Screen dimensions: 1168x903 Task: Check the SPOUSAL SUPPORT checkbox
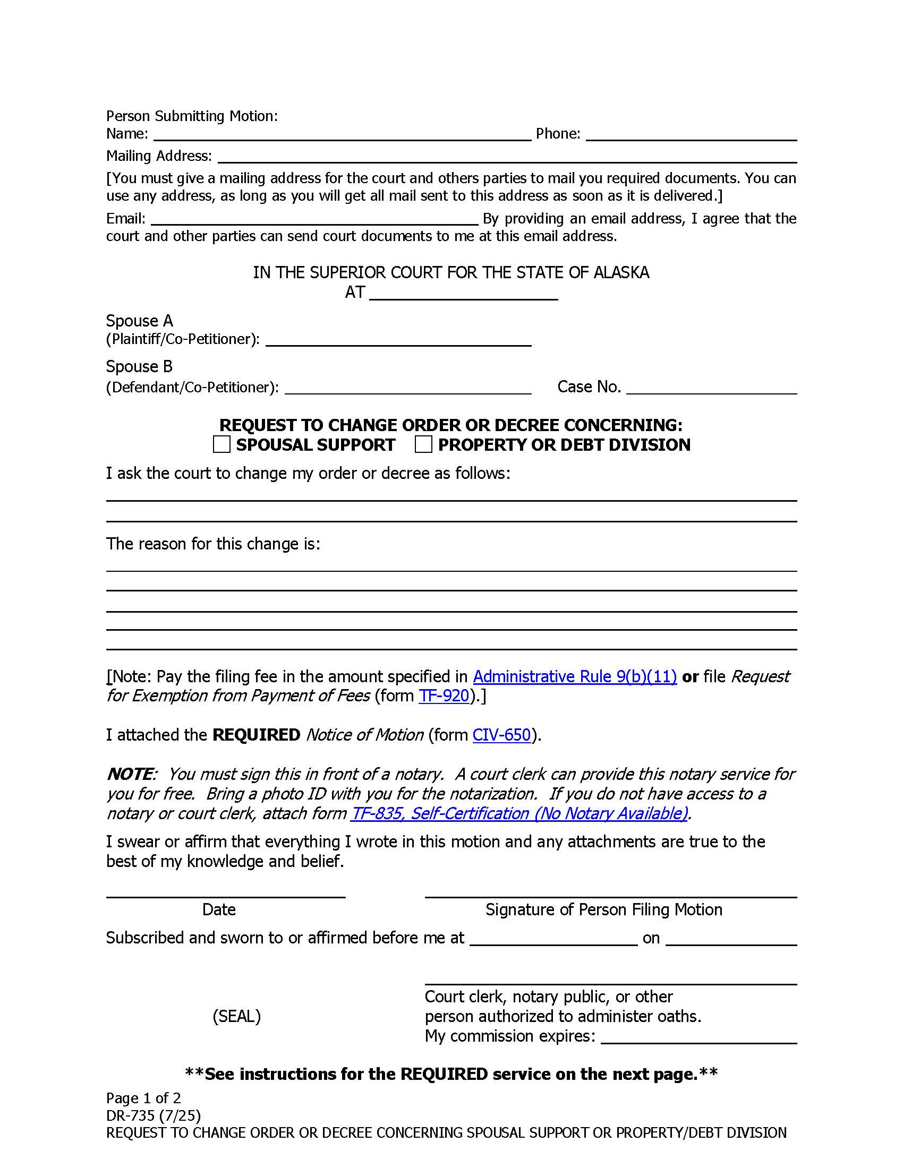tap(222, 444)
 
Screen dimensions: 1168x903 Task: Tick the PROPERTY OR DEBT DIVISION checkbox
tap(423, 444)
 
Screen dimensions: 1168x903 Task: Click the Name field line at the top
tap(343, 135)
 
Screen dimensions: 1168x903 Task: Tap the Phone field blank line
tap(691, 135)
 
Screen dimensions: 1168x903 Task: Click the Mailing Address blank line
tap(507, 157)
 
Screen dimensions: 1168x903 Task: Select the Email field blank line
tap(314, 219)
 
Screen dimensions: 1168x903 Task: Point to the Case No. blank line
tap(711, 388)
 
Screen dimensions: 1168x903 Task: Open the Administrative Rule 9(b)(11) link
tap(575, 676)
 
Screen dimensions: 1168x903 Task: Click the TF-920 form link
tap(444, 696)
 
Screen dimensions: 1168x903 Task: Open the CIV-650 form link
tap(501, 735)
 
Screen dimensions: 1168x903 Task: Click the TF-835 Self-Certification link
tap(519, 813)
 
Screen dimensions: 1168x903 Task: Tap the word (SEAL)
tap(236, 1016)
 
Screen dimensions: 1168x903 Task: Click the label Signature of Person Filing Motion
tap(603, 909)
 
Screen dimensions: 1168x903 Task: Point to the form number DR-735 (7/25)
tap(154, 1115)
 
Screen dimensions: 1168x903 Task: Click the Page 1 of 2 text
tap(143, 1098)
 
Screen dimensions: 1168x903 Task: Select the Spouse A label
tap(140, 321)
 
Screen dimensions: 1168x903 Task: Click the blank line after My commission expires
tap(698, 1037)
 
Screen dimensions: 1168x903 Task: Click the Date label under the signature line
tap(219, 909)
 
